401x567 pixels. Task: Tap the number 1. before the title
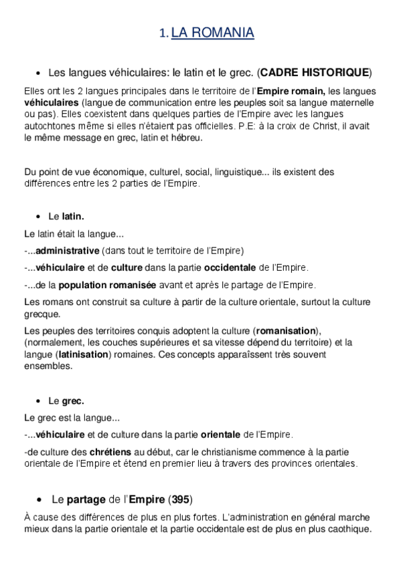[165, 33]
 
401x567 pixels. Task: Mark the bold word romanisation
[286, 331]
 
